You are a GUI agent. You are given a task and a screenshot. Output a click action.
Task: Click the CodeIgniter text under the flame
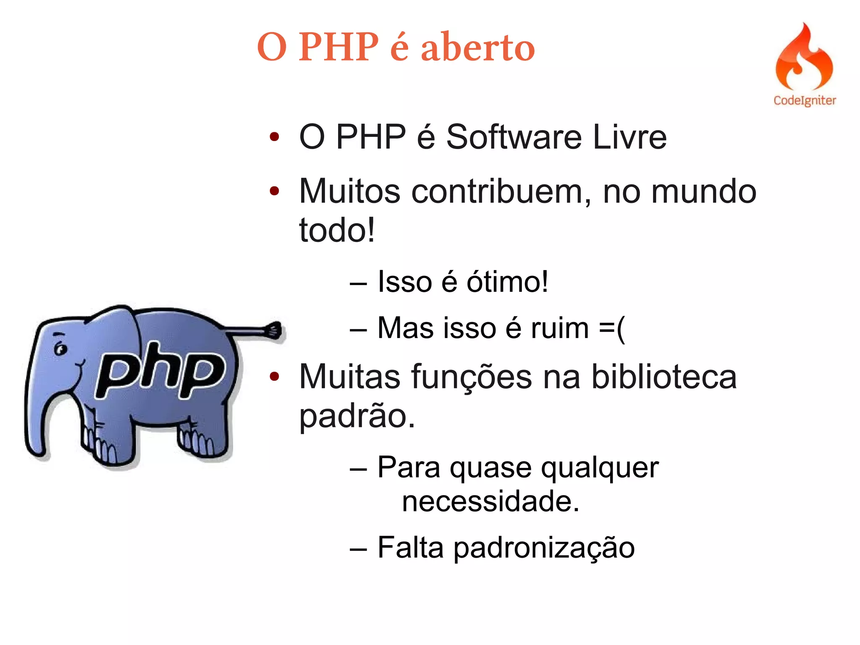(805, 101)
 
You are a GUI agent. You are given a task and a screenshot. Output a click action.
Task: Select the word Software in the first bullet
(514, 137)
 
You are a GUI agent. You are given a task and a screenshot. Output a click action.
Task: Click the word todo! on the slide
(336, 230)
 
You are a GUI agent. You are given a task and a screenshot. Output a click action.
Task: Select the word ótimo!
(507, 282)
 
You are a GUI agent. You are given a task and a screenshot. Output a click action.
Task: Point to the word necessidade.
(490, 502)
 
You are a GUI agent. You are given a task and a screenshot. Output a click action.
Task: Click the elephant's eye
(61, 349)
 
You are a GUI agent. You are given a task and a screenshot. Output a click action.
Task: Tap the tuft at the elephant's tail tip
(275, 330)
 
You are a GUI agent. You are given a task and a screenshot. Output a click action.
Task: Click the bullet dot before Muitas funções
(274, 377)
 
